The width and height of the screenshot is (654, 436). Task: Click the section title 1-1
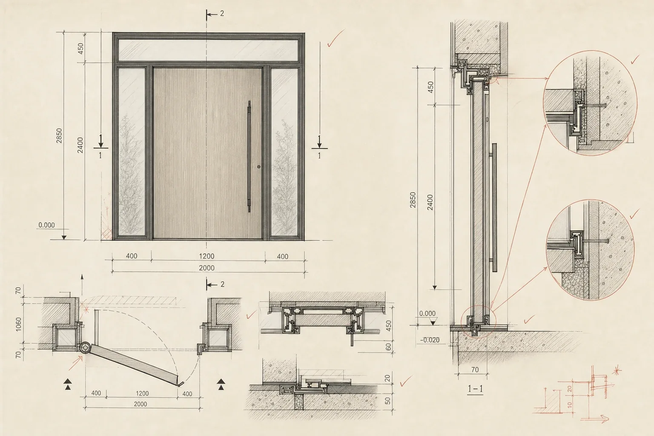pyautogui.click(x=475, y=388)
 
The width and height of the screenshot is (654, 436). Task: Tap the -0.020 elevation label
pyautogui.click(x=430, y=340)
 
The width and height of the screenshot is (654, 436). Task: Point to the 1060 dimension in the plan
pyautogui.click(x=18, y=324)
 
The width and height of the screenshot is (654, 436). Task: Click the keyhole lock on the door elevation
pyautogui.click(x=259, y=167)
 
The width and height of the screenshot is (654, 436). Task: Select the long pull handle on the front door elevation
pyautogui.click(x=249, y=157)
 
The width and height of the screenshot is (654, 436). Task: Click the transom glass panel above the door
pyautogui.click(x=208, y=50)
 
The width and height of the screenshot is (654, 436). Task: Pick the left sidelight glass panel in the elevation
pyautogui.click(x=132, y=152)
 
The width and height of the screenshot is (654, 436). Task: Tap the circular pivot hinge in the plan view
pyautogui.click(x=85, y=348)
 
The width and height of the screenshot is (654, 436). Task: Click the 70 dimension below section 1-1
pyautogui.click(x=475, y=370)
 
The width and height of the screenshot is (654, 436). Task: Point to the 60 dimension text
pyautogui.click(x=388, y=347)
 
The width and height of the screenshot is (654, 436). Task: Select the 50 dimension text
pyautogui.click(x=388, y=401)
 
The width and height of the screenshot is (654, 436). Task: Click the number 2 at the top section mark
pyautogui.click(x=222, y=14)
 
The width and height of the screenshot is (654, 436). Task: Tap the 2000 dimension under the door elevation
pyautogui.click(x=207, y=268)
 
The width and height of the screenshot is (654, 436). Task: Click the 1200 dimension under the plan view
pyautogui.click(x=142, y=393)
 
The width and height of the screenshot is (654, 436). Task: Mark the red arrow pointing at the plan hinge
pyautogui.click(x=75, y=364)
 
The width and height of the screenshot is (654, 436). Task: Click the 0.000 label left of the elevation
pyautogui.click(x=47, y=225)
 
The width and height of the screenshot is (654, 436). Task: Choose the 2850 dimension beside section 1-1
pyautogui.click(x=413, y=200)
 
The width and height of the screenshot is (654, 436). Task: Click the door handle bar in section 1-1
pyautogui.click(x=494, y=207)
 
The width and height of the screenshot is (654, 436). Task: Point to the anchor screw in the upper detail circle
pyautogui.click(x=596, y=105)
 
